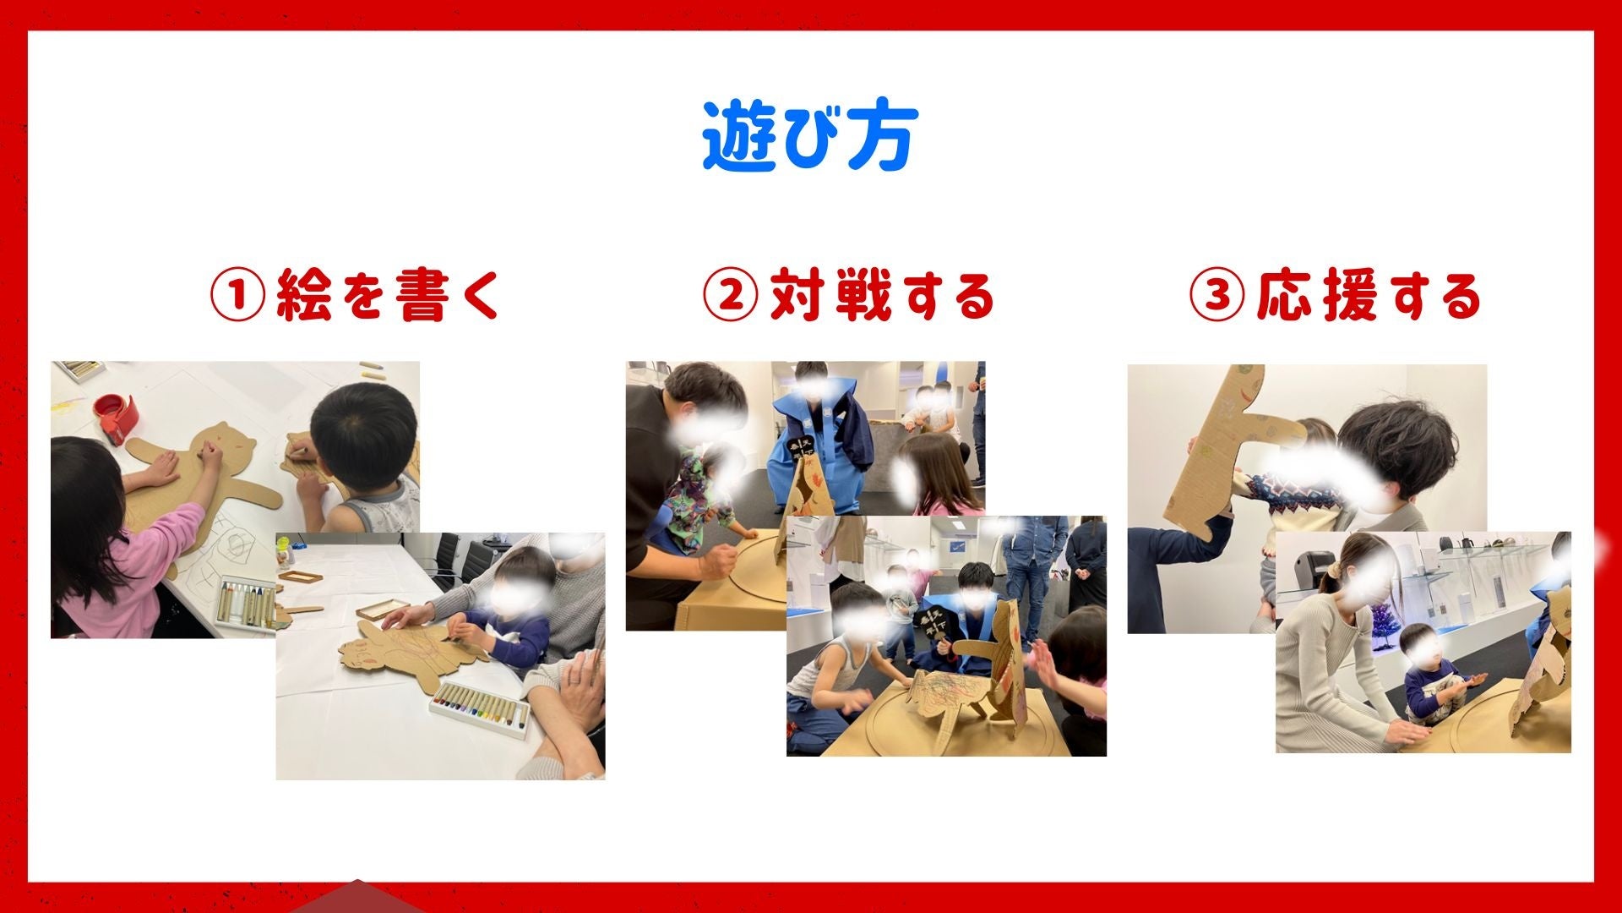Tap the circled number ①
point(237,296)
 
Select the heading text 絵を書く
point(389,296)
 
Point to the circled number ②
point(730,296)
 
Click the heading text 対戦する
point(882,296)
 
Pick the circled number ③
point(1216,296)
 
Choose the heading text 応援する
point(1369,296)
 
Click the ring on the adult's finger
point(574,681)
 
